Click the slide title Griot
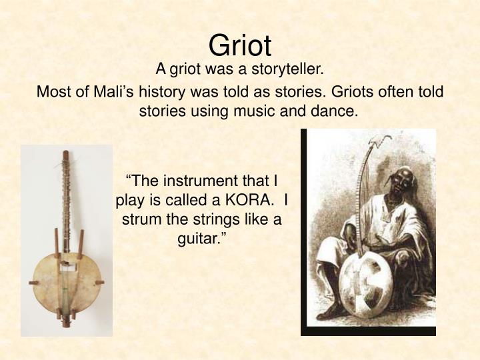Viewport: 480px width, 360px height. pyautogui.click(x=240, y=45)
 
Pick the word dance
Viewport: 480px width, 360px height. pyautogui.click(x=337, y=111)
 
